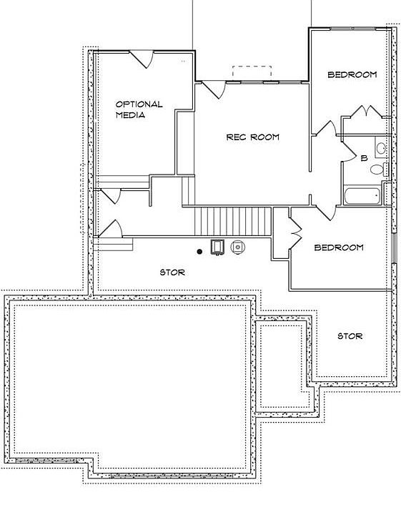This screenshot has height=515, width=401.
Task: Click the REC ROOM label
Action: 252,137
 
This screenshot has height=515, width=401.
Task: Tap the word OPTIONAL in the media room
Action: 139,104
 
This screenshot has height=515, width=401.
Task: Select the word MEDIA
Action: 131,115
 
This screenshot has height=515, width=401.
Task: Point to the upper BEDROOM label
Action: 352,74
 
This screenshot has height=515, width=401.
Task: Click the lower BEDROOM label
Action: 339,247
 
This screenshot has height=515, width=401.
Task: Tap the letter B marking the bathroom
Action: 363,158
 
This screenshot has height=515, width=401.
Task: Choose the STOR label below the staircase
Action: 172,272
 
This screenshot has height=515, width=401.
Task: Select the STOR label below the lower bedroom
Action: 350,335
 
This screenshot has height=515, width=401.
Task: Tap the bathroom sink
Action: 382,149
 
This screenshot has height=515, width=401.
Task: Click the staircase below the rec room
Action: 227,218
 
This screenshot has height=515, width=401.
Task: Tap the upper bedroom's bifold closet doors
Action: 365,112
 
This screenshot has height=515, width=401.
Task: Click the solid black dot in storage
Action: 199,251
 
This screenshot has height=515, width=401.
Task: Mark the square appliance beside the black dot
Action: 217,247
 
